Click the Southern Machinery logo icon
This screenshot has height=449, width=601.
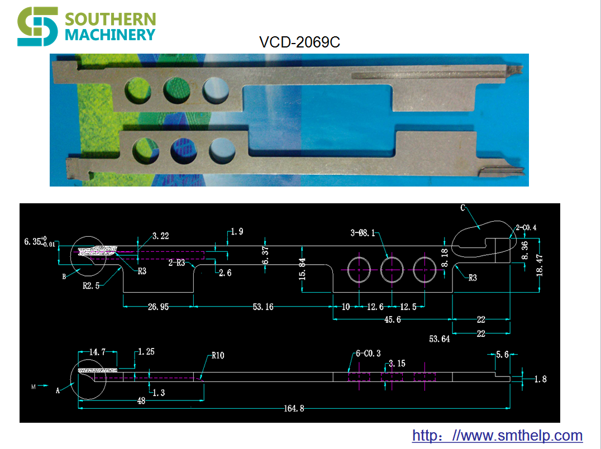coord(37,26)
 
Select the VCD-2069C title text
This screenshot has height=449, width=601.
coord(300,42)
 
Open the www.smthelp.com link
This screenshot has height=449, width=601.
coord(497,436)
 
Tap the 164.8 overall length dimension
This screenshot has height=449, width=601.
coord(294,408)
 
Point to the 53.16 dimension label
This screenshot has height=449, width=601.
coord(263,307)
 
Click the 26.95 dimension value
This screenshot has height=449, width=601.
coord(158,307)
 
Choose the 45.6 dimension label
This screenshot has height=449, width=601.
coord(393,319)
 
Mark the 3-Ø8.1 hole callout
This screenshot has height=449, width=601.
coord(362,233)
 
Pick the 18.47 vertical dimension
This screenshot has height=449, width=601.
coord(540,265)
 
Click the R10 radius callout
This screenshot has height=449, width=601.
coord(218,356)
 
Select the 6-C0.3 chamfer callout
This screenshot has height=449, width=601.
coord(368,353)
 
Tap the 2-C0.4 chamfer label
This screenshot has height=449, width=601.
coord(526,227)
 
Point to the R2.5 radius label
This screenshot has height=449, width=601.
coord(91,286)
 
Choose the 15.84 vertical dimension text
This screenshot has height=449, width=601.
coord(302,269)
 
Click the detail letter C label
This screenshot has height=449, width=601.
coord(462,208)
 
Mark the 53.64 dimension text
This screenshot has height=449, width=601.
coord(439,339)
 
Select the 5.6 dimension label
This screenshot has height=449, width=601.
coord(503,355)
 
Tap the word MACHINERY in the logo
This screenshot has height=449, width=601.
coord(110,35)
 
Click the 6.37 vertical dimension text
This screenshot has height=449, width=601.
coord(265,256)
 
